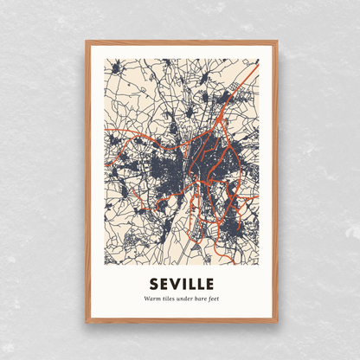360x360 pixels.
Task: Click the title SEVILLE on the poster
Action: click(181, 284)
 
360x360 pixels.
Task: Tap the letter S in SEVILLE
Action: click(154, 284)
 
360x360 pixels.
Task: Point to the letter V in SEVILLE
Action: click(176, 284)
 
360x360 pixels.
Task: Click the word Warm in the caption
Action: click(152, 299)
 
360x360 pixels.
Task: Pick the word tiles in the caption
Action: click(168, 299)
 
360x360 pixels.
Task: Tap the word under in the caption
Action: click(183, 299)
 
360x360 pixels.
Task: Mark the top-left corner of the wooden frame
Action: click(86, 41)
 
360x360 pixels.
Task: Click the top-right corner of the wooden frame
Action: click(277, 41)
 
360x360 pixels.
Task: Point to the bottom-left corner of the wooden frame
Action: click(86, 322)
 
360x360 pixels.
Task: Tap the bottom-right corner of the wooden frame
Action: click(277, 322)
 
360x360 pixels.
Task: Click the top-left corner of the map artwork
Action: click(105, 59)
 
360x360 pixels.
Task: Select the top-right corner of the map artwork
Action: click(259, 59)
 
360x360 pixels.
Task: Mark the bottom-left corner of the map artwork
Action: click(105, 265)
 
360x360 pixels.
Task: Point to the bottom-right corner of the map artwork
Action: click(259, 265)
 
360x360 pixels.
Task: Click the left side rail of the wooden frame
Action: click(87, 182)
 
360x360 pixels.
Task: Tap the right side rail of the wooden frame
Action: click(275, 182)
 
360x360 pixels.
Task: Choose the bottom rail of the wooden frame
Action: click(181, 320)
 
